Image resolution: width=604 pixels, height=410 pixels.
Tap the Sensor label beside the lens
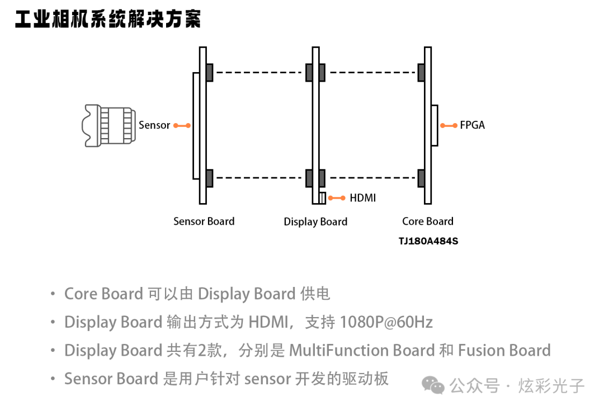click(154, 125)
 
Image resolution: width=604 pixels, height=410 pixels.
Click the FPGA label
click(473, 125)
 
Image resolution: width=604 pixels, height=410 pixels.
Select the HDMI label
click(363, 198)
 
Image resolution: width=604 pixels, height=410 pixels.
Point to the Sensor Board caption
click(204, 222)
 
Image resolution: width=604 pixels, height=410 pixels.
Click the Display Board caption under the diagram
click(315, 222)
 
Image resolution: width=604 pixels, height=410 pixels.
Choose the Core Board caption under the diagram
click(428, 222)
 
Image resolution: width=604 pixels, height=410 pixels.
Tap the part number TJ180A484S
click(428, 242)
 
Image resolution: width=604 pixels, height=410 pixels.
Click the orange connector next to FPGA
click(449, 125)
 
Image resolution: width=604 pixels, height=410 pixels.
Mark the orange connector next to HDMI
click(337, 198)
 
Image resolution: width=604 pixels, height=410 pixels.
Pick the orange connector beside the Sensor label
click(182, 125)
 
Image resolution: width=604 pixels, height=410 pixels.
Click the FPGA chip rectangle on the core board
click(435, 125)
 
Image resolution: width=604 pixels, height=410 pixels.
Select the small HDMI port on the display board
click(323, 198)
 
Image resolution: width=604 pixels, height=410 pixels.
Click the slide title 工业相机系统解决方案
click(108, 20)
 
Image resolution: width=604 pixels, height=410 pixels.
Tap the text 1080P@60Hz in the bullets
click(386, 322)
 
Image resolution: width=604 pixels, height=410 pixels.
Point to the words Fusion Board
click(504, 351)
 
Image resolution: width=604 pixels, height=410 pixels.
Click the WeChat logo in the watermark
click(433, 385)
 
